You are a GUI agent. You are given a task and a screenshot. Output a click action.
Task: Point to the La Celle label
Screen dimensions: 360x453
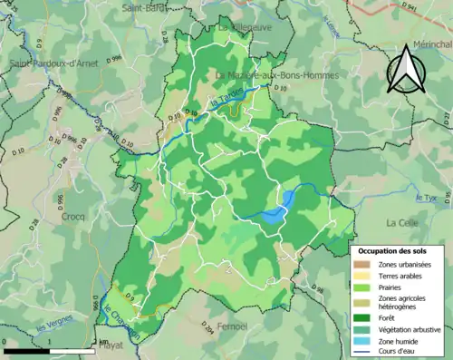[x=400, y=222]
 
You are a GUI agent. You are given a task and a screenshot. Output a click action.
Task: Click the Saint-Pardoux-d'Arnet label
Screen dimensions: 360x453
[x=54, y=63]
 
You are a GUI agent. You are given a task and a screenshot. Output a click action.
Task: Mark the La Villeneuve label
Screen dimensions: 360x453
[x=246, y=27]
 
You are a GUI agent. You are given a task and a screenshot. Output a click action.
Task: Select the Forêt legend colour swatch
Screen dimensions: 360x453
[x=365, y=317]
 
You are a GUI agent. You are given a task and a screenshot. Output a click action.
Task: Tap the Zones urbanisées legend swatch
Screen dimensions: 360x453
[x=365, y=265]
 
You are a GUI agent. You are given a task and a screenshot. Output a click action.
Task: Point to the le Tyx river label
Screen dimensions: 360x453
[x=423, y=197]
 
